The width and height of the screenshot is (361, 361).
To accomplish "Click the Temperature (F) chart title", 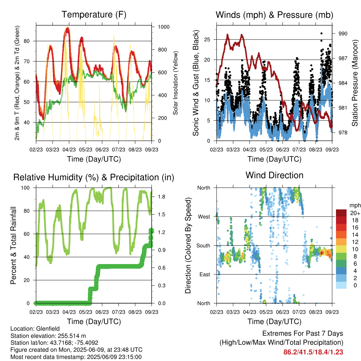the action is (x=94, y=14).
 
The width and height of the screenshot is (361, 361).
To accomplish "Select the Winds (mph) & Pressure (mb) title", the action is (x=274, y=15).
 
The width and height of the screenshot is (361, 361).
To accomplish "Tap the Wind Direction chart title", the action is (x=274, y=175).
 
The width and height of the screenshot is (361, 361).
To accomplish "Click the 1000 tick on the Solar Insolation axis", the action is (x=164, y=27).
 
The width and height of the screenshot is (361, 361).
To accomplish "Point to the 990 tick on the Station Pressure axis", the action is (x=343, y=33).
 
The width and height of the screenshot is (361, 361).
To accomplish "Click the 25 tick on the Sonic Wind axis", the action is (x=207, y=39).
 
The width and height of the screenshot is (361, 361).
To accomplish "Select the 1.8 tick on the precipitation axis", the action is (x=161, y=197).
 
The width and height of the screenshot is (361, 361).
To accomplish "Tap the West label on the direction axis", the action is (x=204, y=217).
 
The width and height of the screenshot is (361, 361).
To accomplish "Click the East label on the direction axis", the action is (x=205, y=274).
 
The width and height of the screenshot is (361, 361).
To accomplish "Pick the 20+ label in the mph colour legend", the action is (x=355, y=213).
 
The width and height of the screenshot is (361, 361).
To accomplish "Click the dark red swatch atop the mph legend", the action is (x=341, y=213).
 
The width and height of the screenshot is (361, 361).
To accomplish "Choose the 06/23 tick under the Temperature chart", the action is (x=102, y=149).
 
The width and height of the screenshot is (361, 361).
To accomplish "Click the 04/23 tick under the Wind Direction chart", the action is (x=250, y=312).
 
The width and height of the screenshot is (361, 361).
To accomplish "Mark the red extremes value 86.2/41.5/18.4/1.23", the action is (x=313, y=352).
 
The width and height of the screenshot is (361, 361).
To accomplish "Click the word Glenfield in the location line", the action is (x=48, y=329).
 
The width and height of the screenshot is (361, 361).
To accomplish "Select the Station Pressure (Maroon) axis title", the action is (x=355, y=83).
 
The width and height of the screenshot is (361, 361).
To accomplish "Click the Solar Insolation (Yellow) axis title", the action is (x=176, y=83).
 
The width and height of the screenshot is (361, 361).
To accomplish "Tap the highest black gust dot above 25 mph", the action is (x=322, y=33).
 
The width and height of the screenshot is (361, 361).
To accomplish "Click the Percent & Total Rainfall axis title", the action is (x=13, y=245).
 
